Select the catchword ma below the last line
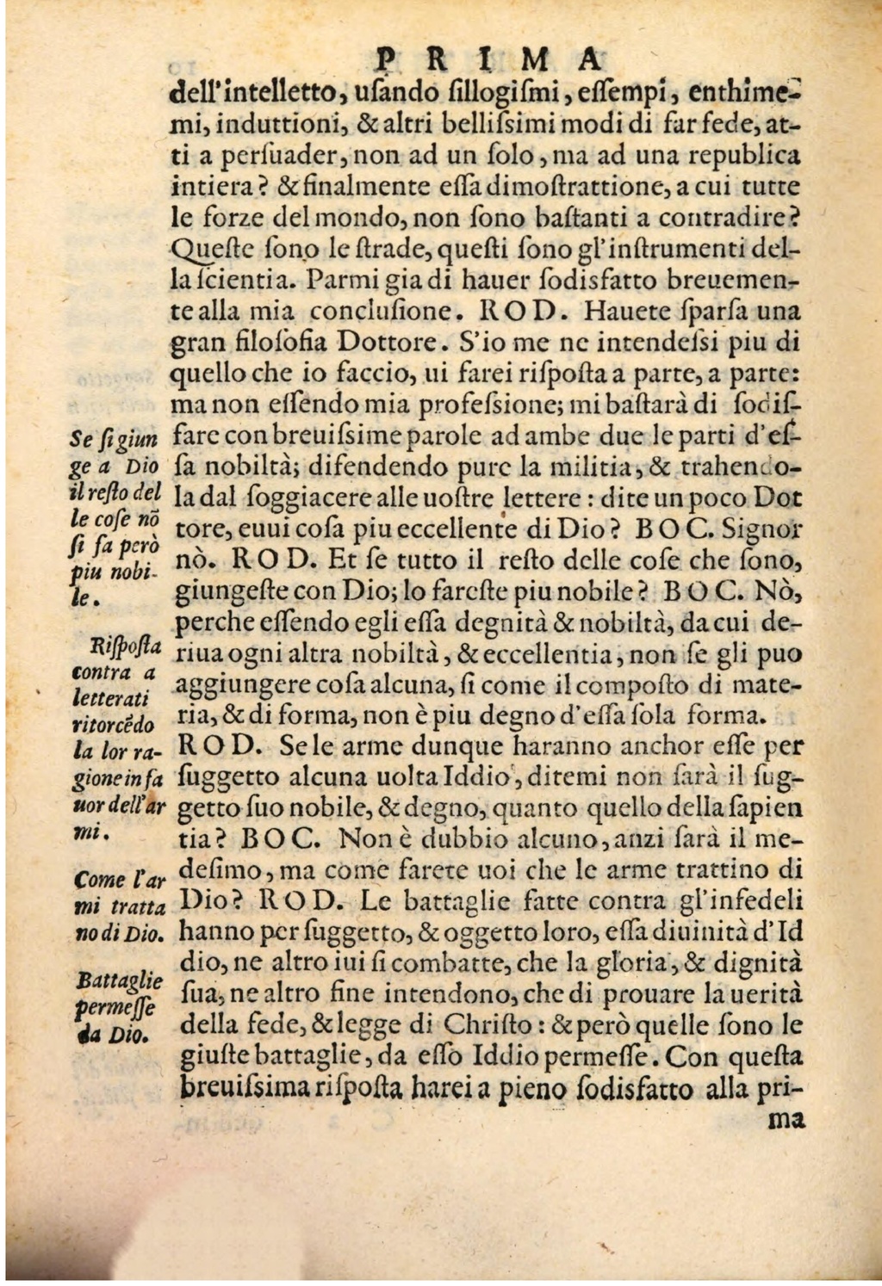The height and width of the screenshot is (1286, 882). (x=785, y=1121)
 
